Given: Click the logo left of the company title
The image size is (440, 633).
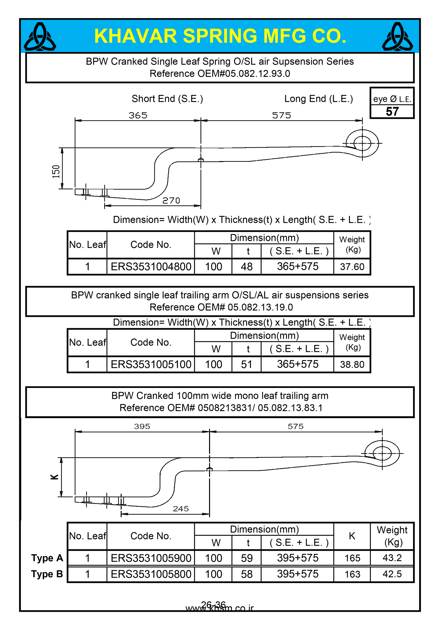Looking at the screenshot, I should click(x=40, y=37).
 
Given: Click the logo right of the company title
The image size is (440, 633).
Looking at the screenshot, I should click(x=397, y=37).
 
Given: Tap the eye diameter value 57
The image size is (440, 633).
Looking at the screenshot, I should click(x=392, y=112).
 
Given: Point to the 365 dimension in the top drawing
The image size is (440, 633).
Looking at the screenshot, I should click(x=138, y=116).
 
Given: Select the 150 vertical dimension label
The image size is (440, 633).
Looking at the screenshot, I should click(x=56, y=172).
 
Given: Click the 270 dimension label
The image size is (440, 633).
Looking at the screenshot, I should click(x=171, y=201).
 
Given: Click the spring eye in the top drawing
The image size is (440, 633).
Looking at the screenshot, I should click(x=362, y=143).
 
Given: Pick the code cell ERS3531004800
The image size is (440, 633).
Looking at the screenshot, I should click(x=151, y=266).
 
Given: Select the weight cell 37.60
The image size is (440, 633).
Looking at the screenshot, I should click(x=352, y=267).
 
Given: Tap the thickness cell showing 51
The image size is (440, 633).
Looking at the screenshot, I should click(x=246, y=364).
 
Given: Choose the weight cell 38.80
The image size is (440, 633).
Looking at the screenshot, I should click(x=352, y=365).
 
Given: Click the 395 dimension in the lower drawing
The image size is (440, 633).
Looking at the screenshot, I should click(x=142, y=426).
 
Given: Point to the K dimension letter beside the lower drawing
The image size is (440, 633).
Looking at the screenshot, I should click(x=54, y=477).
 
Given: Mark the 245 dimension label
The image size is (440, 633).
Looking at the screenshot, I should click(x=181, y=509).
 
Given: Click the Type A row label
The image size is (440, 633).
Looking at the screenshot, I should click(x=47, y=558).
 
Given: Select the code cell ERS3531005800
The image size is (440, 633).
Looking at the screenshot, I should click(x=151, y=574).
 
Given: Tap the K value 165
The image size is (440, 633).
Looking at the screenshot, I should click(x=352, y=558).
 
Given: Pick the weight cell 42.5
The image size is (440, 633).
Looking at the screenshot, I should click(x=392, y=574).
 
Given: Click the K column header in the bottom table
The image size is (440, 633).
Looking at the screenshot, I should click(x=352, y=536).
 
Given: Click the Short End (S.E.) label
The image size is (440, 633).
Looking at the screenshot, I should click(x=167, y=99).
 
